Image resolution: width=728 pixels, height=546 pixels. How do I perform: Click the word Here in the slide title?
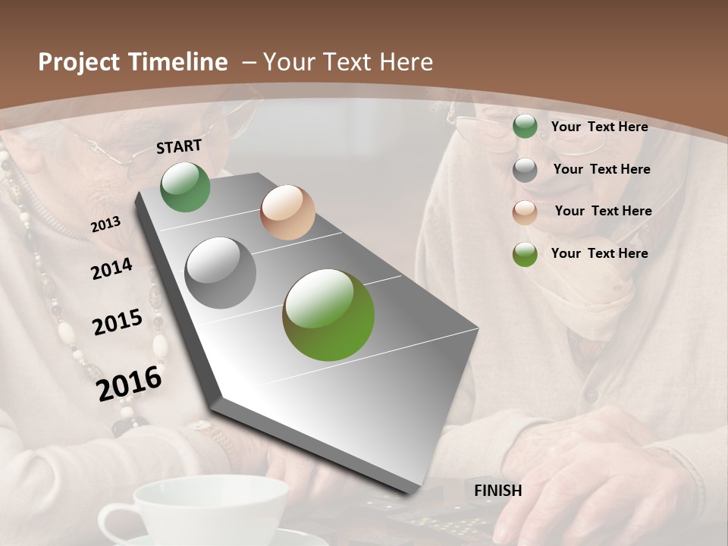pos(406,62)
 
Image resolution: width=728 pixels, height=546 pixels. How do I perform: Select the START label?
pos(179,146)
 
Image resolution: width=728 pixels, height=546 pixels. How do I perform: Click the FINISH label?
pos(498,491)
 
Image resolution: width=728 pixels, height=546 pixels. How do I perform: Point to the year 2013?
pos(105,224)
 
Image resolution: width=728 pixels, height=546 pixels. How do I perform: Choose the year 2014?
pos(111,269)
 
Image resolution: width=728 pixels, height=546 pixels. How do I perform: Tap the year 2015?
pos(118,322)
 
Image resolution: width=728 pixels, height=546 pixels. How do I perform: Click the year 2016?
pos(130,384)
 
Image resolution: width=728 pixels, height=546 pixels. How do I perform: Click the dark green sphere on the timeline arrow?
pos(186,187)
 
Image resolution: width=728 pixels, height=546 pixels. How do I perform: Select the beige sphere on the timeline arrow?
pos(287,212)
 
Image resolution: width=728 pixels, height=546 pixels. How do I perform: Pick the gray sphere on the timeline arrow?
pos(221,273)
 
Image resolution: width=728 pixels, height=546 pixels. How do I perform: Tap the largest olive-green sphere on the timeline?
pos(328,315)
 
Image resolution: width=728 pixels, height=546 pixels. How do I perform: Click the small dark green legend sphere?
pos(525,127)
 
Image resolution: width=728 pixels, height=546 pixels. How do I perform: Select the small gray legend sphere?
pos(525,170)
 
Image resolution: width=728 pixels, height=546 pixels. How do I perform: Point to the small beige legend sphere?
pos(525,212)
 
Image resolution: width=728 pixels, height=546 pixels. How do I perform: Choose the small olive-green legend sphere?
pos(525,254)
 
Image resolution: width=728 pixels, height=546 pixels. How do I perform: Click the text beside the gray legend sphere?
pos(601,169)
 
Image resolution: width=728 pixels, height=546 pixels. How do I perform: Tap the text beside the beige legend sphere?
pos(603,211)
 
